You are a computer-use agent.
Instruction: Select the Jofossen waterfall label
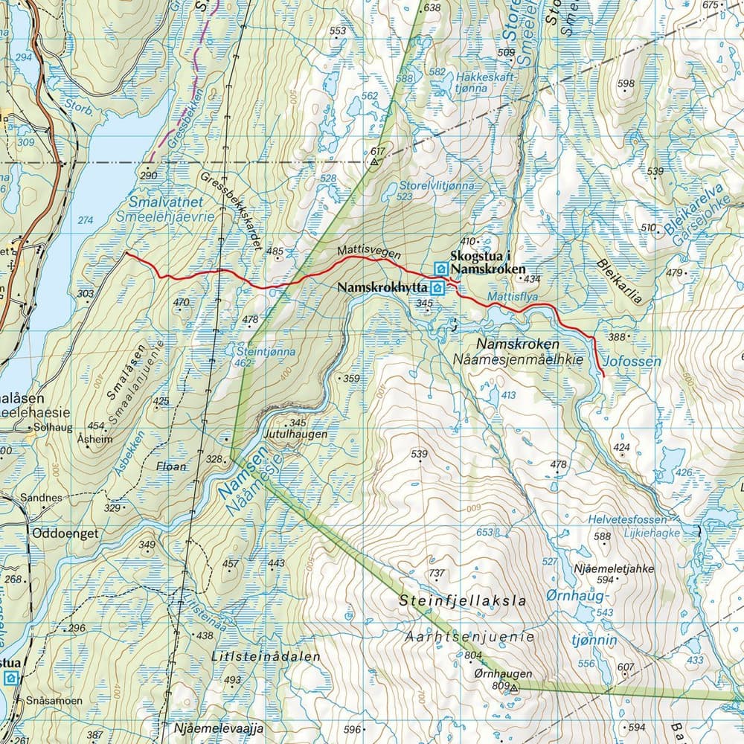pyautogui.click(x=633, y=362)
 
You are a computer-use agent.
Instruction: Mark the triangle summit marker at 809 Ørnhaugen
pyautogui.click(x=513, y=689)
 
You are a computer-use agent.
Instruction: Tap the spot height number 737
pyautogui.click(x=437, y=573)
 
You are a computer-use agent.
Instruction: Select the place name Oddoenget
pyautogui.click(x=65, y=533)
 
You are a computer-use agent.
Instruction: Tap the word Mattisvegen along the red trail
pyautogui.click(x=368, y=253)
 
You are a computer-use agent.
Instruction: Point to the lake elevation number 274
pyautogui.click(x=86, y=220)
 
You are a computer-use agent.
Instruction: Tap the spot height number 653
pyautogui.click(x=484, y=532)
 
